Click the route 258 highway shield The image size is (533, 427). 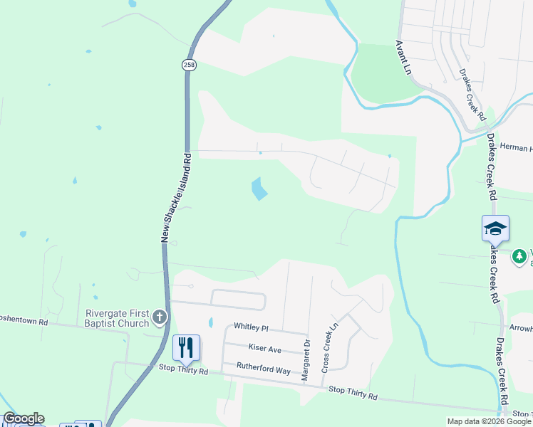[188, 65]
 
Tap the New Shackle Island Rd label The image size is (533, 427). [177, 196]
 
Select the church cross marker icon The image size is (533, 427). [160, 316]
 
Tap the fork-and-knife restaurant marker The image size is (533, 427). [186, 347]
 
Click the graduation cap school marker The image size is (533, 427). [495, 228]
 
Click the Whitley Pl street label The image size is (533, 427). [251, 327]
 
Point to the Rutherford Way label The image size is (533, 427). [264, 371]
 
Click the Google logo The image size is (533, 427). [24, 418]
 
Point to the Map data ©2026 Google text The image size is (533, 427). [489, 421]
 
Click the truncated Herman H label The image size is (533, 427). [514, 148]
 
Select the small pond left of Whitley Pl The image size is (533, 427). [210, 322]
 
